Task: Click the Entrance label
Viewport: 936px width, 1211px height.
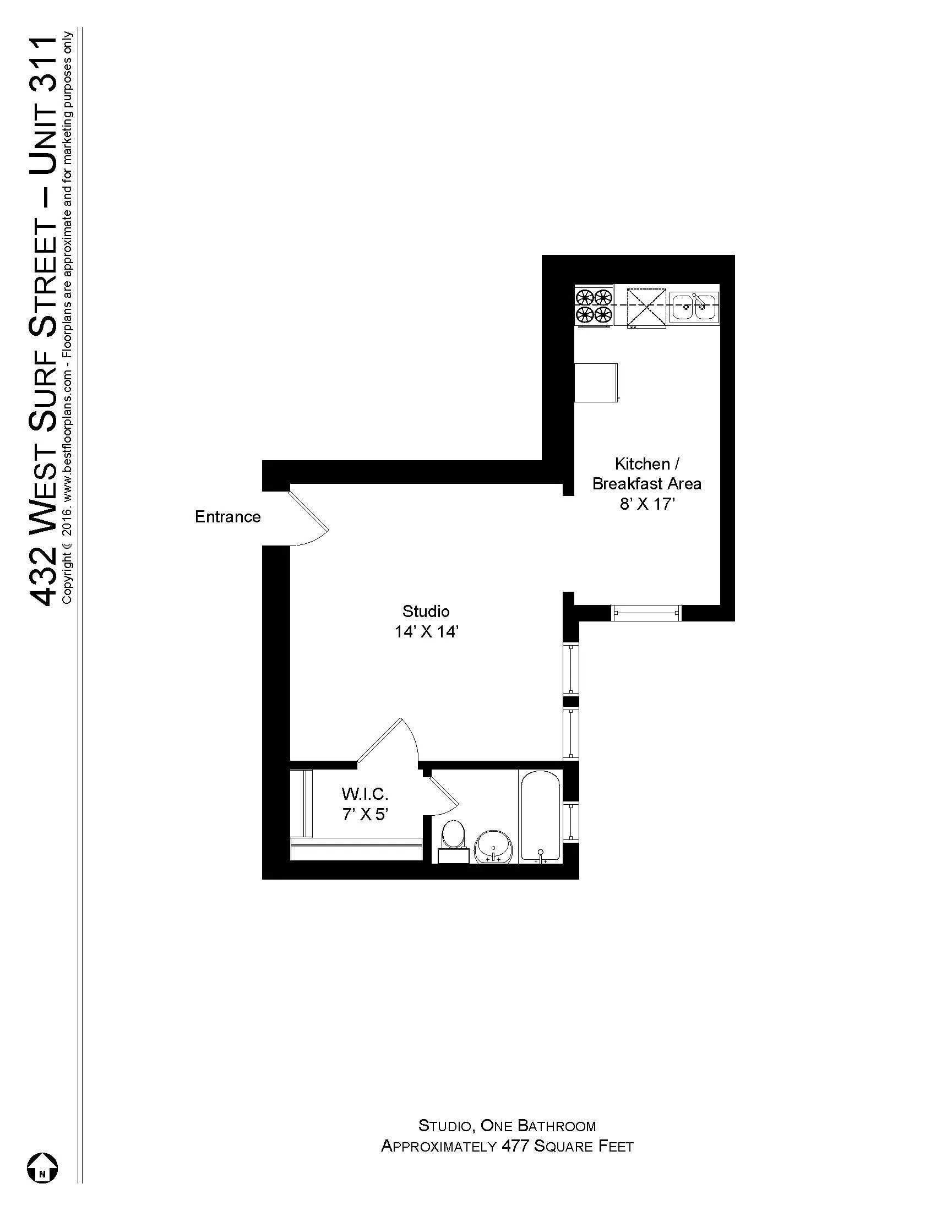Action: click(x=227, y=517)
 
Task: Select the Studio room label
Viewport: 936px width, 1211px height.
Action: click(x=426, y=612)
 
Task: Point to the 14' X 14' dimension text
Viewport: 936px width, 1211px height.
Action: click(x=426, y=632)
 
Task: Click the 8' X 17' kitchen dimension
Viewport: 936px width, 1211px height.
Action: click(x=646, y=505)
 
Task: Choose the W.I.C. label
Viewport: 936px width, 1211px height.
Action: click(x=364, y=794)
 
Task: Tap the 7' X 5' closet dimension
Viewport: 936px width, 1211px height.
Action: click(x=364, y=815)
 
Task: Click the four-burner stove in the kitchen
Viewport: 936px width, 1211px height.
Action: click(x=594, y=306)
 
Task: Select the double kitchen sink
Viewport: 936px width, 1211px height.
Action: click(x=694, y=306)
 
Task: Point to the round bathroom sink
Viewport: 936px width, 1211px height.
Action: click(x=494, y=847)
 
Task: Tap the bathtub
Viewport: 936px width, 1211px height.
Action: click(x=541, y=815)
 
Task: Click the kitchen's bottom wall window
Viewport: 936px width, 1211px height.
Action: click(x=646, y=612)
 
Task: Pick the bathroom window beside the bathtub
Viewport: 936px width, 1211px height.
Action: click(x=570, y=822)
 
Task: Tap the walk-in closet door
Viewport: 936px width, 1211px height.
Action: click(x=388, y=740)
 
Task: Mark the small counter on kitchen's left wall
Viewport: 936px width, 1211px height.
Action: click(x=596, y=382)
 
